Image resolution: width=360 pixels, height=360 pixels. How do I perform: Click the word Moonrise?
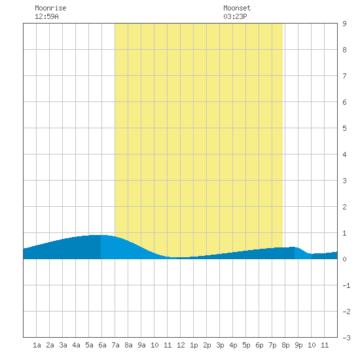(50, 8)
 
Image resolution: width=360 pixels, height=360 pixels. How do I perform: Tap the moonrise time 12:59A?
(46, 16)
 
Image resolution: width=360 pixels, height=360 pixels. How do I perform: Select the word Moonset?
(237, 8)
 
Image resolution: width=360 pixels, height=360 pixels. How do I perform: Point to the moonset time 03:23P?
(235, 16)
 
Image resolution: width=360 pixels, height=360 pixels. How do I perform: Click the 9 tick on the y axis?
(344, 24)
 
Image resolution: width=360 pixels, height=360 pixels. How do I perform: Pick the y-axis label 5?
(344, 128)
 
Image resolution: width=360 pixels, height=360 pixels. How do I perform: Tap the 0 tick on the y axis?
(344, 259)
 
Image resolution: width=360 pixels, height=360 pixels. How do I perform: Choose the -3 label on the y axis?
(346, 338)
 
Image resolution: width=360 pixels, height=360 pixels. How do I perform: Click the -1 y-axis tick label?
(346, 285)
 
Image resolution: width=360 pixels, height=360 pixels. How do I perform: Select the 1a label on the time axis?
(37, 345)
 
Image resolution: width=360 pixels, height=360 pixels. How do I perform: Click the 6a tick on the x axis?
(102, 345)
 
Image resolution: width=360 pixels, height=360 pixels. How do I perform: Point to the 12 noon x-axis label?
(181, 345)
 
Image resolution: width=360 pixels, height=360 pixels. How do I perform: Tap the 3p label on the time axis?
(220, 345)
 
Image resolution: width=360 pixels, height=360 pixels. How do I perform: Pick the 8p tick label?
(285, 345)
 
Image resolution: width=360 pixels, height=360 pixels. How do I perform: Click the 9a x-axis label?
(141, 345)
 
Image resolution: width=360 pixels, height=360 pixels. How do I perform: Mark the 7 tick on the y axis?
(344, 76)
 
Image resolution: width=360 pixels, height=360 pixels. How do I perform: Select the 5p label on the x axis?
(246, 345)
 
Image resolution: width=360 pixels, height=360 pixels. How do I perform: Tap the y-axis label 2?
(344, 207)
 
